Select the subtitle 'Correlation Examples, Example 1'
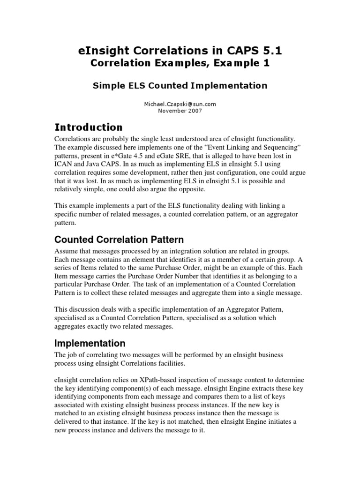180,64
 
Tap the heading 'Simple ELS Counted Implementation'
180,85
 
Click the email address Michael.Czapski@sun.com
180,104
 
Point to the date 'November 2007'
180,111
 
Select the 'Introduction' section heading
89,127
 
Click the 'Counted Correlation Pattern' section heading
119,240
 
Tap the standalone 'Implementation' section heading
90,343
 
